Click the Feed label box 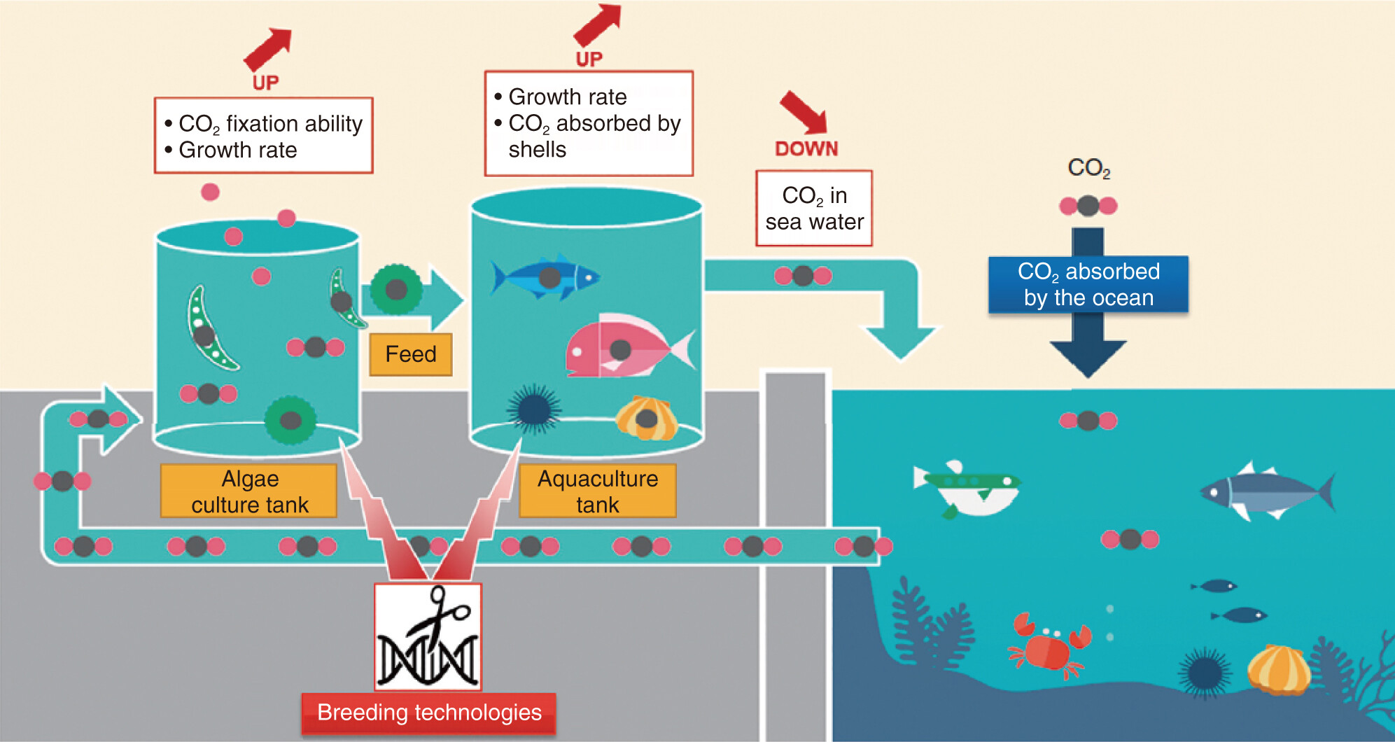(410, 354)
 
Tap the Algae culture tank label (249, 491)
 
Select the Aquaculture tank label (598, 491)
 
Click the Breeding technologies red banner (429, 713)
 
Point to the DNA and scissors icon (428, 637)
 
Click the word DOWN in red (806, 148)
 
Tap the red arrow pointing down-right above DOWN (805, 112)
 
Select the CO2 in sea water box (814, 209)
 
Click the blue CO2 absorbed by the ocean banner (1088, 284)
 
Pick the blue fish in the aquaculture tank (545, 276)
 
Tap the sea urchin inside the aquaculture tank (534, 408)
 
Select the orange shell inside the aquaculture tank (647, 418)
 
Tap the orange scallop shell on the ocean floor (1280, 670)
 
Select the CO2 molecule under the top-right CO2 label (1088, 206)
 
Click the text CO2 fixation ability (271, 125)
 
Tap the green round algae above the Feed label (396, 289)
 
